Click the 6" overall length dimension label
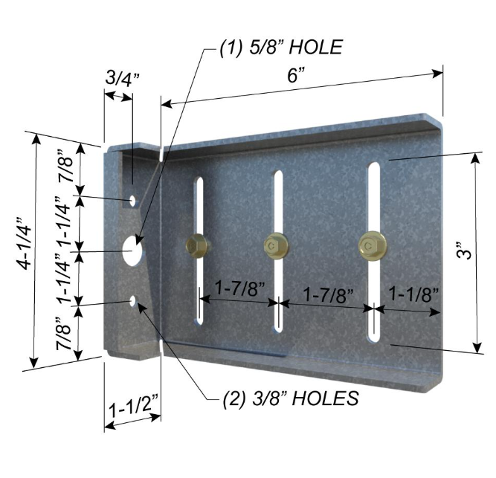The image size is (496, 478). [296, 76]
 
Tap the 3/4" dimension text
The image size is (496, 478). [123, 78]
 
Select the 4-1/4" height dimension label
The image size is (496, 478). [24, 243]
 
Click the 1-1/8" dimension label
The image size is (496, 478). [413, 294]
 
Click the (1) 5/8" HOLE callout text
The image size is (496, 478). [281, 48]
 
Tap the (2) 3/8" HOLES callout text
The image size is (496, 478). [291, 398]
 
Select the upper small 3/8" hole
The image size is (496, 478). [133, 200]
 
